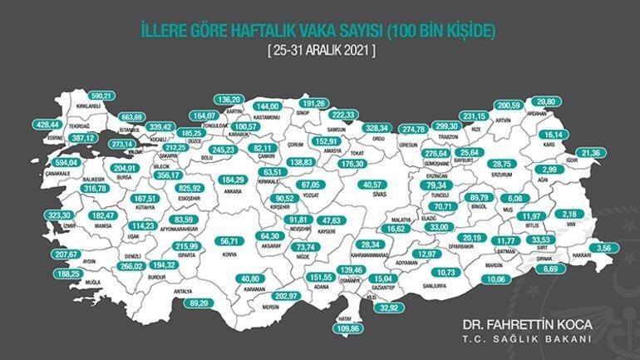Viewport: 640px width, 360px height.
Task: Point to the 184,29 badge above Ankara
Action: pyautogui.click(x=231, y=180)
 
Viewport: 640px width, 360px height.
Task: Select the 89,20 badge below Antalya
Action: pyautogui.click(x=198, y=304)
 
